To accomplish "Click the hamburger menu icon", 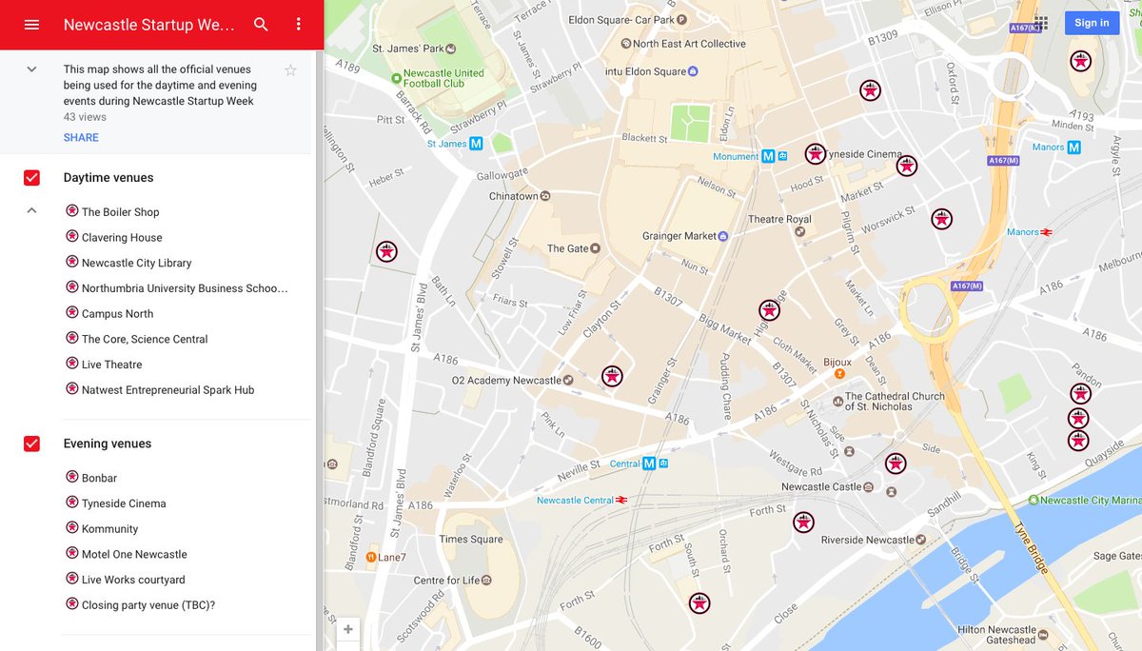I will click(31, 25).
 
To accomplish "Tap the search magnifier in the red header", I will click(261, 25).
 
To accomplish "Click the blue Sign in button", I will click(1091, 23).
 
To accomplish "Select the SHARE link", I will click(81, 138).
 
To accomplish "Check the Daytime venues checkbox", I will click(31, 178).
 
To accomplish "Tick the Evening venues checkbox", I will click(31, 444).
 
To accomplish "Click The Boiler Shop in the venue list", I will click(120, 212).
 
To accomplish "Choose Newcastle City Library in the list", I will click(136, 263).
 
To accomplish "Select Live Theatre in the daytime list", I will click(111, 365).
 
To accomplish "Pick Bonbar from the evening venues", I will click(99, 478).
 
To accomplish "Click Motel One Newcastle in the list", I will click(134, 554).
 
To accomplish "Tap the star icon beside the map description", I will click(290, 70).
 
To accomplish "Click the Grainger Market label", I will click(679, 236).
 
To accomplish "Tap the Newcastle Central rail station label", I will click(575, 501).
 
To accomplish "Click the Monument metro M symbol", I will click(767, 156).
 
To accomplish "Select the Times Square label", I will click(471, 540).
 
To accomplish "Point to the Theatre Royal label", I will click(779, 220).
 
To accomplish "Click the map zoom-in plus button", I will click(348, 629).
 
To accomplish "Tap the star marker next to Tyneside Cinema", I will click(816, 154).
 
